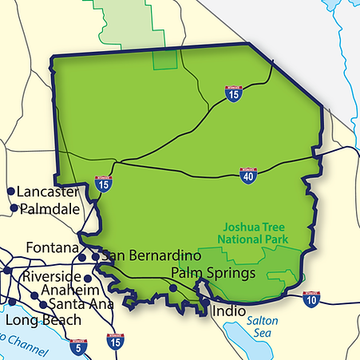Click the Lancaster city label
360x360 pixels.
(48, 192)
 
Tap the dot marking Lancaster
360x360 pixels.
(11, 192)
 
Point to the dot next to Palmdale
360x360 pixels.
(14, 208)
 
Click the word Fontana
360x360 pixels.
(53, 247)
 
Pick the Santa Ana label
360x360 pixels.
(77, 304)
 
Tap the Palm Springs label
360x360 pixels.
(213, 273)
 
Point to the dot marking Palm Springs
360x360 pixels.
(175, 287)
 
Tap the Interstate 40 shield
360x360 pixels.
(247, 175)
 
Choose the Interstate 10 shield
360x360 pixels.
(312, 299)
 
